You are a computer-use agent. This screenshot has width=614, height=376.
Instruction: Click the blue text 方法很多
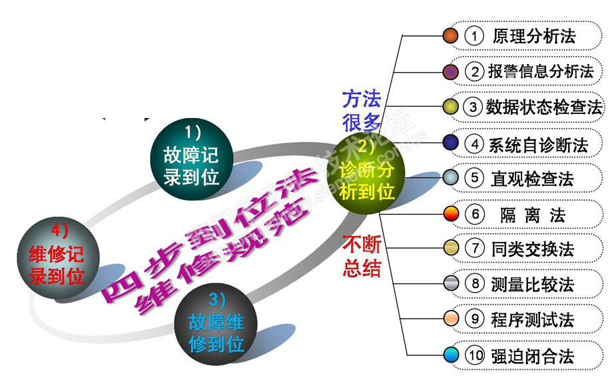click(x=362, y=111)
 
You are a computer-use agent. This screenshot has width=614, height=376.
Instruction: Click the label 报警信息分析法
click(x=540, y=71)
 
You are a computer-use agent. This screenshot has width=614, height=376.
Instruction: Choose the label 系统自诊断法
click(x=538, y=143)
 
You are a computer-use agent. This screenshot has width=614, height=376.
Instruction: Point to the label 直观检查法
click(x=532, y=178)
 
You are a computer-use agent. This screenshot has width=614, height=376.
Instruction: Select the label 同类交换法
click(x=532, y=249)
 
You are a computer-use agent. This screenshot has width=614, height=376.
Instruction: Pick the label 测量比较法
click(x=532, y=285)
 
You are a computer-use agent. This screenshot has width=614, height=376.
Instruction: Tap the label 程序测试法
click(x=532, y=320)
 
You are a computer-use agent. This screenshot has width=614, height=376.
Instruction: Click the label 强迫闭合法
click(x=532, y=356)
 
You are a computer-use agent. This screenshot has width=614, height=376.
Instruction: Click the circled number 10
click(x=475, y=356)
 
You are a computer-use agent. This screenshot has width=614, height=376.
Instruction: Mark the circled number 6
click(x=474, y=214)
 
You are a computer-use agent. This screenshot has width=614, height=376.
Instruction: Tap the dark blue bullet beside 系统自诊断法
click(x=451, y=142)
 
